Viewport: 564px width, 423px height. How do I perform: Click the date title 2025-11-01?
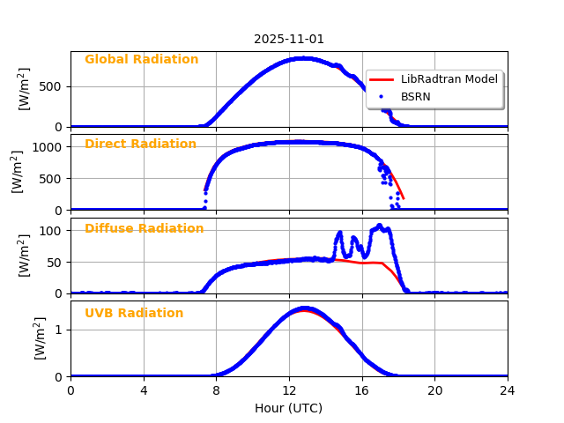tap(289, 39)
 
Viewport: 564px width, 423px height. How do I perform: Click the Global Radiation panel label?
tap(141, 59)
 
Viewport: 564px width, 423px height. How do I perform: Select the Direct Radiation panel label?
tap(140, 144)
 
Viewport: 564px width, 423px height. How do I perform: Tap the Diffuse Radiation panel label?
tap(144, 228)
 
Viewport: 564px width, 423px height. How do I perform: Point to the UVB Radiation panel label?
tap(134, 313)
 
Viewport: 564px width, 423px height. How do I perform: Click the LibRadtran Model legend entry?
tap(449, 79)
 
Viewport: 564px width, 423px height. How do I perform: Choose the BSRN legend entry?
tap(415, 96)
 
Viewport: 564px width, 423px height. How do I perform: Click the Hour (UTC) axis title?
tap(289, 408)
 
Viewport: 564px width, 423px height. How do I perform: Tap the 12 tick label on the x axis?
tap(289, 390)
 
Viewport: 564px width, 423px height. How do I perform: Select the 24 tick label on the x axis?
tap(508, 390)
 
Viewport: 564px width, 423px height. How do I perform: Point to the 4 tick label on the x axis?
tap(144, 390)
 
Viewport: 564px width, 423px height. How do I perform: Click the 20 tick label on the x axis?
tap(434, 390)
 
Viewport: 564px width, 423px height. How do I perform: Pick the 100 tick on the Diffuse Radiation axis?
tap(52, 231)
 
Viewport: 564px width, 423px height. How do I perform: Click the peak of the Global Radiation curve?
tap(302, 58)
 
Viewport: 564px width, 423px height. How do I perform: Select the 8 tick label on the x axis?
tap(216, 390)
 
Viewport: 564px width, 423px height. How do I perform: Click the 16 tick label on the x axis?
tap(361, 390)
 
